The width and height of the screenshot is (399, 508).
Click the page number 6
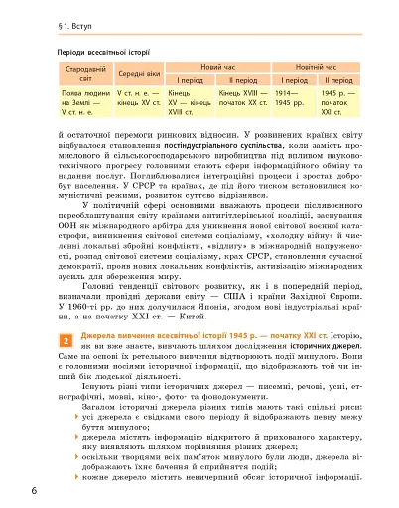[x=8, y=491]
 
